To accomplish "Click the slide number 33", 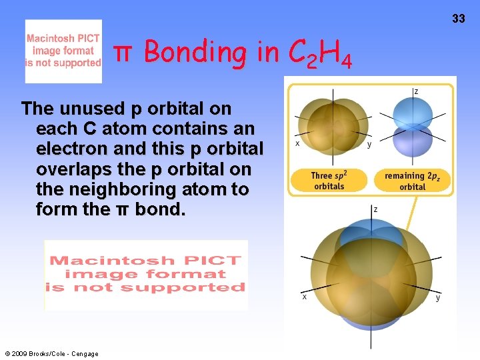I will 459,19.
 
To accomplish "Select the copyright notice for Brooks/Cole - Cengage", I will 51,353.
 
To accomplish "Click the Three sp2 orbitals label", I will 329,181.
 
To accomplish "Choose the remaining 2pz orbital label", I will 412,181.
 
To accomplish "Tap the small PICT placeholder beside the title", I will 63,51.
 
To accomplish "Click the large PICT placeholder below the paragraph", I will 146,275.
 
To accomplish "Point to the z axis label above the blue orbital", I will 416,91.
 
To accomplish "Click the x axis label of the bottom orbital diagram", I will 305,297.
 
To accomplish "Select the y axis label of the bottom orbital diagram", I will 438,297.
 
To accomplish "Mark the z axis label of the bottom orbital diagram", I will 375,209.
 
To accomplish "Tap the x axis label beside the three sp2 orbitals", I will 297,143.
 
